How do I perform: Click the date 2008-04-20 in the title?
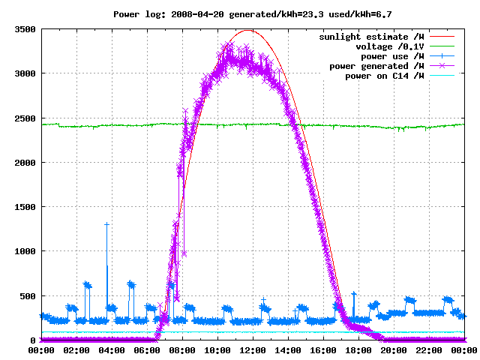197,14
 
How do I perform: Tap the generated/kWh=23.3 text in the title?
276,14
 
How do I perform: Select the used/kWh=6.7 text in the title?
360,14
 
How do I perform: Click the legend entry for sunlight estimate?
371,37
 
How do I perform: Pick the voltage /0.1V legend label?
390,46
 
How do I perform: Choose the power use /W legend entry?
392,56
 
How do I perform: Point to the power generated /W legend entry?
376,66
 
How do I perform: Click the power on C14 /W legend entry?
385,76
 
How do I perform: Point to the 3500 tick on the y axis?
25,29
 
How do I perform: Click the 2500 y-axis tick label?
25,118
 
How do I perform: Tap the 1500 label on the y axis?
25,207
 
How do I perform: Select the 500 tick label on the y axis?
28,296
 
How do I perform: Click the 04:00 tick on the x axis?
112,350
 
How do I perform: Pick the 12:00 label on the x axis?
253,350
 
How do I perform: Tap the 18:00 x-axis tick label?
358,350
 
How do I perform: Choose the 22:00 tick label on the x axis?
429,350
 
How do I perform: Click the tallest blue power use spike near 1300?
106,225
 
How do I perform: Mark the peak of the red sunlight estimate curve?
248,30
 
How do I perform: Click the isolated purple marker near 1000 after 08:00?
184,253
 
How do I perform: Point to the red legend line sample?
442,37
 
